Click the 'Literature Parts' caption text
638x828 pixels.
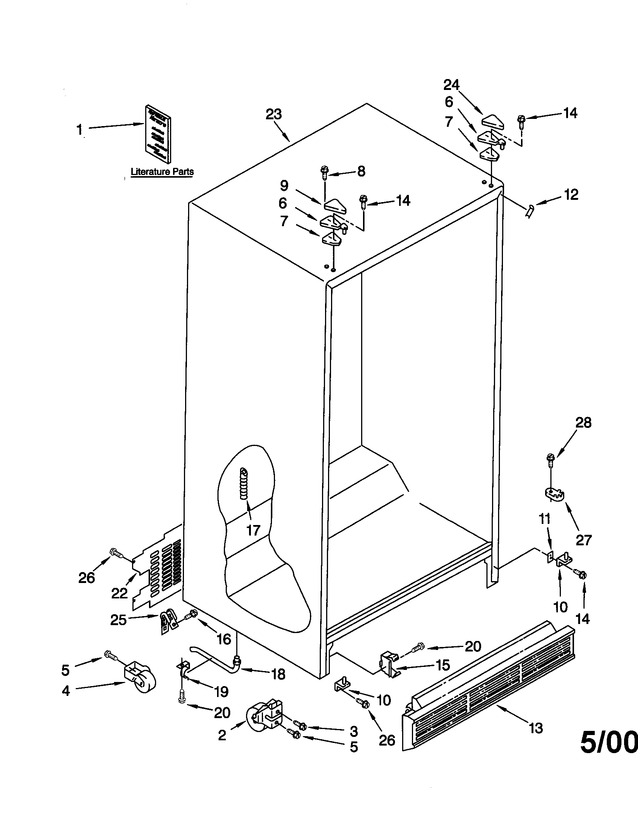tap(162, 171)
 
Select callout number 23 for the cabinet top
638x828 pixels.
tap(273, 114)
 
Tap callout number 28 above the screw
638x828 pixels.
tap(583, 423)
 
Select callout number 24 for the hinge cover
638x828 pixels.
tap(451, 85)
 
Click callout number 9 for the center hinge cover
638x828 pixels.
tap(284, 186)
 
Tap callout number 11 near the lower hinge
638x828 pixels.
tap(544, 518)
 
